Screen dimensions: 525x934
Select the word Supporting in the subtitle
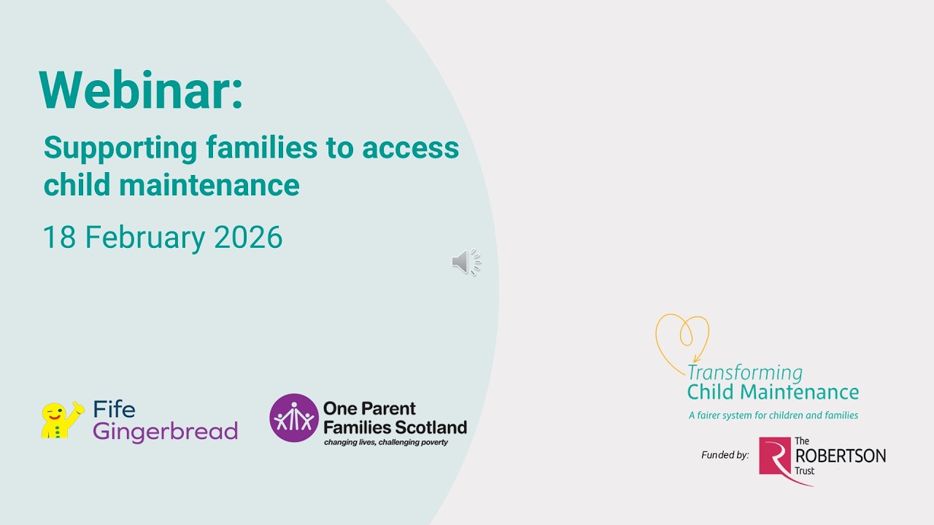click(120, 149)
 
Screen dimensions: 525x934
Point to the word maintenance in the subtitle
click(209, 184)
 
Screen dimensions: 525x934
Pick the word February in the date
click(145, 238)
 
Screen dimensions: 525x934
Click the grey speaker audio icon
click(466, 262)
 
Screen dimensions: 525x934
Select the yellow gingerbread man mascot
click(61, 420)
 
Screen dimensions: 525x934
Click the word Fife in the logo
click(114, 409)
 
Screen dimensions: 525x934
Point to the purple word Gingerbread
click(166, 432)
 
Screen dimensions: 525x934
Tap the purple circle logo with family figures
click(294, 418)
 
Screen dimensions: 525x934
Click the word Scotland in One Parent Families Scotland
click(431, 427)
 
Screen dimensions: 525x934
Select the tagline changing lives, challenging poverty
click(385, 442)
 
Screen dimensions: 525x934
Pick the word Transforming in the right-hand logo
click(744, 373)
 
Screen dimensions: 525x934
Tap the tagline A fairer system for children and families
click(773, 416)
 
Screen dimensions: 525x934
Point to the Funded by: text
click(725, 455)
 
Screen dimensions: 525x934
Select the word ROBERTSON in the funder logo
click(840, 456)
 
